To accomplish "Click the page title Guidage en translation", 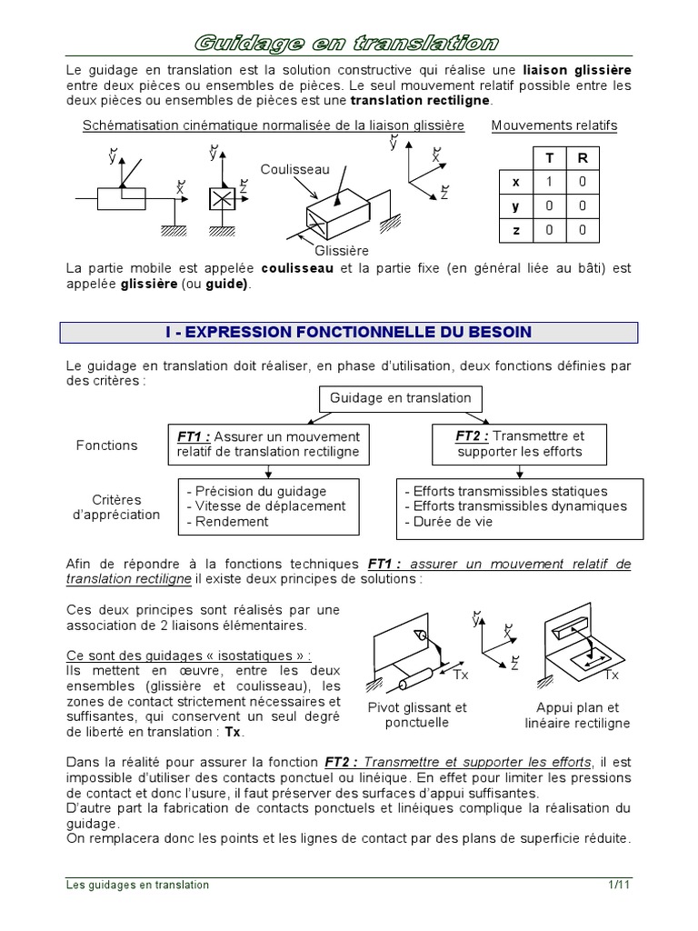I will [x=348, y=43].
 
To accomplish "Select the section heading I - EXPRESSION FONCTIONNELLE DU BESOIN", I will [x=348, y=333].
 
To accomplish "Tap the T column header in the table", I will [x=549, y=157].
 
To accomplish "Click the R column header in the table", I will [x=583, y=157].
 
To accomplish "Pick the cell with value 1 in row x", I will [x=549, y=182].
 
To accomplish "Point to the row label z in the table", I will [x=515, y=231].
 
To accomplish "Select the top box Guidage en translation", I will [x=400, y=398].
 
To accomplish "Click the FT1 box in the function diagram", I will [x=268, y=444].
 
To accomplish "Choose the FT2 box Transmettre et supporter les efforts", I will [x=519, y=444].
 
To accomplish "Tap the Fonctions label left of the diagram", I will [x=106, y=445].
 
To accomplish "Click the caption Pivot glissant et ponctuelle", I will [x=417, y=716].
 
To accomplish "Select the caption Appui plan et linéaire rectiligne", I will [x=577, y=716].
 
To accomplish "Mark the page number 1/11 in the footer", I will [x=619, y=885].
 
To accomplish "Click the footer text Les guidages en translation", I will [x=138, y=885].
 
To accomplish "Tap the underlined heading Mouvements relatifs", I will [x=553, y=125].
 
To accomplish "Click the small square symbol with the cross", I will [x=219, y=201].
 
